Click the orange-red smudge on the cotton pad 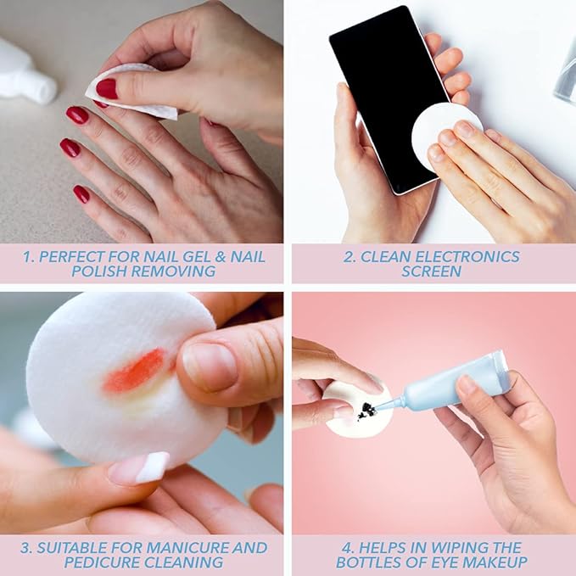pyautogui.click(x=134, y=370)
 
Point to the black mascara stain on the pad pyautogui.click(x=367, y=411)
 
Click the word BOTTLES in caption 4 pyautogui.click(x=372, y=562)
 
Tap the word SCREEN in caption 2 pyautogui.click(x=431, y=271)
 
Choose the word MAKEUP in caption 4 pyautogui.click(x=495, y=562)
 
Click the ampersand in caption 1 pyautogui.click(x=220, y=257)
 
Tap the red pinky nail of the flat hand pyautogui.click(x=81, y=194)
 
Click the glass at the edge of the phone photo pyautogui.click(x=566, y=77)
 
